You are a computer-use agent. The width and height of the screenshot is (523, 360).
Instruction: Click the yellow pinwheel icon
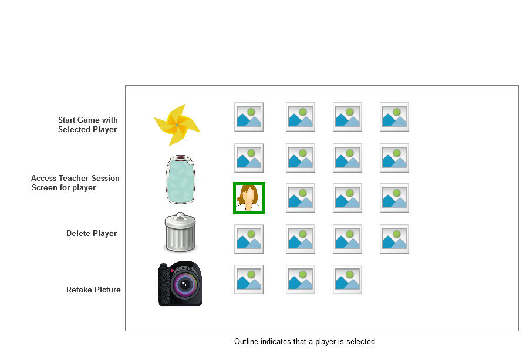click(x=177, y=125)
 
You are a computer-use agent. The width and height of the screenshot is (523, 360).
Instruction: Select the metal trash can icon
click(x=180, y=233)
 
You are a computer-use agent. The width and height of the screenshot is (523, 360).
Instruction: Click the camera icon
click(x=180, y=284)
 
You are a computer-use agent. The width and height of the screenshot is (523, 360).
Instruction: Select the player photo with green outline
click(x=249, y=198)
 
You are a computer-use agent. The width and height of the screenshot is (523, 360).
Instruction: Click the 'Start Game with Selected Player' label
click(x=87, y=125)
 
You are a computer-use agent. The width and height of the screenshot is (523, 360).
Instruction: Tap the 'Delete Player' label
click(x=92, y=233)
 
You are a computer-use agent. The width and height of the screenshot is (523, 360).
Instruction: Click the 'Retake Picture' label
click(x=93, y=290)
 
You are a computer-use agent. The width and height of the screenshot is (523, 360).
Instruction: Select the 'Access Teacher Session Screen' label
click(x=75, y=183)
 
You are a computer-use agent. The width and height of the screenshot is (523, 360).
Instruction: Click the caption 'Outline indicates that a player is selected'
click(x=304, y=341)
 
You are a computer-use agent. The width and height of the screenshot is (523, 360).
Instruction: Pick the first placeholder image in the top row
click(x=249, y=117)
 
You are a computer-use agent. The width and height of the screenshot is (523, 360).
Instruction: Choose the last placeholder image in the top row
click(x=394, y=117)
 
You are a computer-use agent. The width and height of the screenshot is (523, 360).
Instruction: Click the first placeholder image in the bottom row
click(x=249, y=280)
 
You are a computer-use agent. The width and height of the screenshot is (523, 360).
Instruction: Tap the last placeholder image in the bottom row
click(x=347, y=280)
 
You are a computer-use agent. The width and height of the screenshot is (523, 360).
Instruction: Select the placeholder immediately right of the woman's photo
click(x=301, y=198)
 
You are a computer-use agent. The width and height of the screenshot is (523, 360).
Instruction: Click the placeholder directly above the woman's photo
click(x=249, y=158)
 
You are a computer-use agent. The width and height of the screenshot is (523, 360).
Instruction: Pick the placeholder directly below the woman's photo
click(x=249, y=239)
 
